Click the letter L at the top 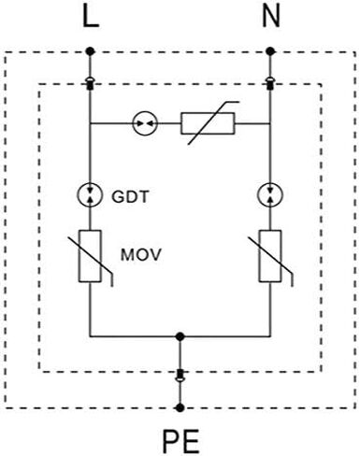[x=91, y=17]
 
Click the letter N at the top [x=270, y=17]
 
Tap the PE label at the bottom [x=180, y=441]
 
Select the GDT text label [x=130, y=197]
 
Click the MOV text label [x=141, y=255]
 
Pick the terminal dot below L [x=90, y=51]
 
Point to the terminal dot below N [x=270, y=51]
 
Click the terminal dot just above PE [x=180, y=407]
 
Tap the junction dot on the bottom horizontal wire [x=180, y=336]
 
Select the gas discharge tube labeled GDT [x=90, y=195]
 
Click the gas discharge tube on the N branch [x=270, y=195]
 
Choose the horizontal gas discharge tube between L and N [x=146, y=123]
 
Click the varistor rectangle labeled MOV [x=90, y=256]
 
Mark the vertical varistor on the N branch [x=270, y=256]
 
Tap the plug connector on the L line [x=90, y=83]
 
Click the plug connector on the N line [x=270, y=83]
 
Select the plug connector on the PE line [x=180, y=376]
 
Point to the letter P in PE [x=171, y=441]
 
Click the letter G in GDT [x=118, y=197]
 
